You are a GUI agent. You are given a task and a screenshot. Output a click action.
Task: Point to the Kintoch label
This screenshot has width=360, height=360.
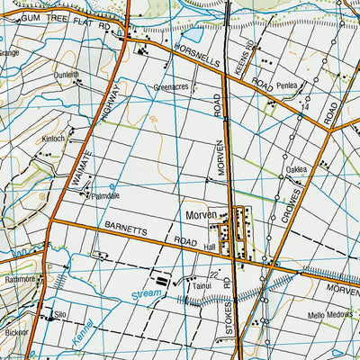(x=54, y=139)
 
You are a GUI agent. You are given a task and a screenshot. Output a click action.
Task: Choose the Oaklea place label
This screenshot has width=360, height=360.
(x=297, y=169)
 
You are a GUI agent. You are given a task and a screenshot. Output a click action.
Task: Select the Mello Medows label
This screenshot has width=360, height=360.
(x=304, y=317)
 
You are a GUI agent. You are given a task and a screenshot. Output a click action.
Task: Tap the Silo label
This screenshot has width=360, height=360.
(x=61, y=316)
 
